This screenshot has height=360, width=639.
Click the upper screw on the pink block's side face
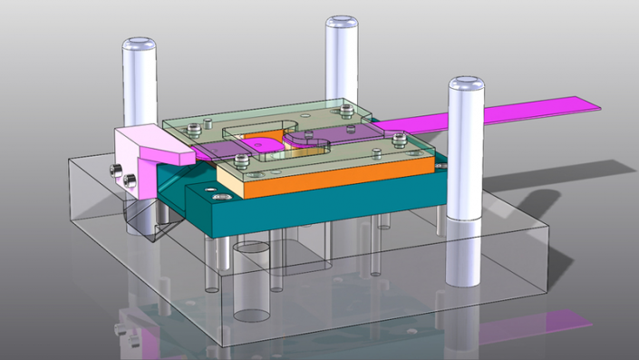(x=112, y=168)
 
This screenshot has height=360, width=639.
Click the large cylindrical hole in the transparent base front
(x=252, y=281)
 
